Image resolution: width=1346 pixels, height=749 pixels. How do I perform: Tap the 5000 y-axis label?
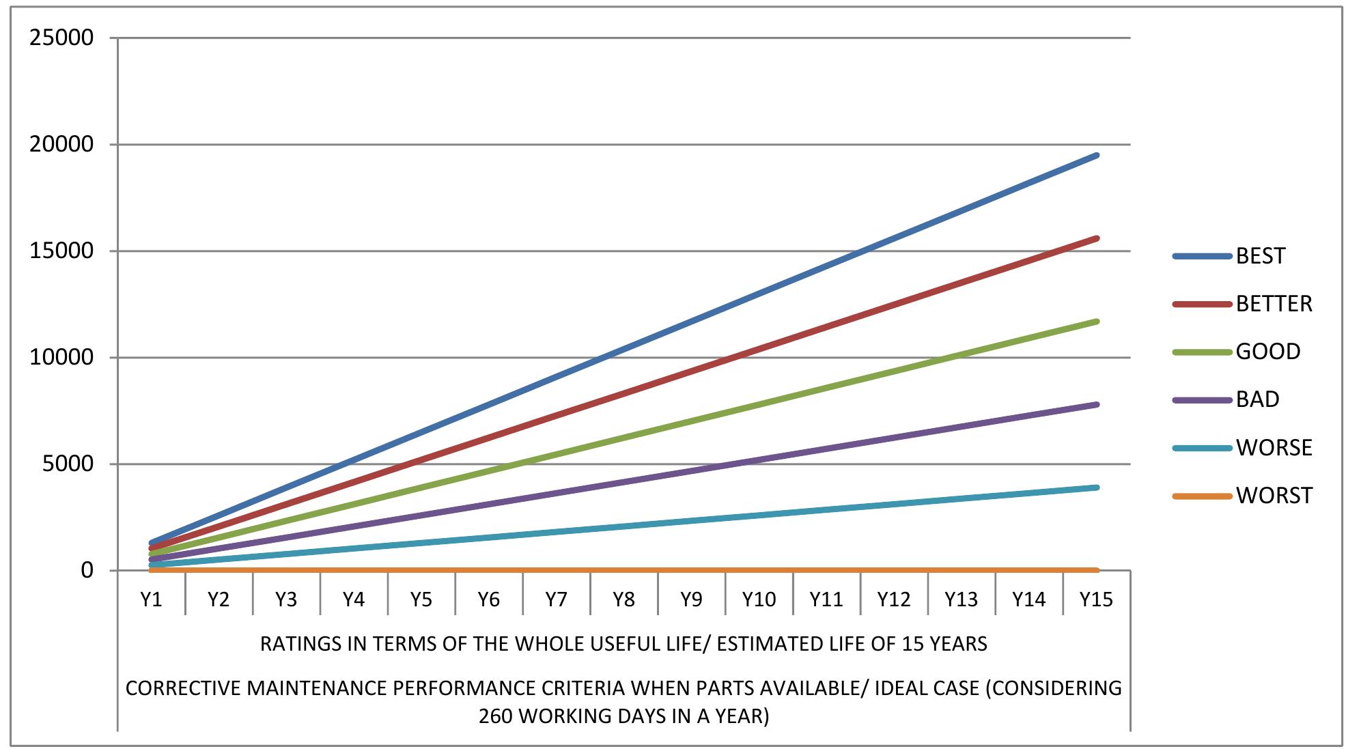pos(68,464)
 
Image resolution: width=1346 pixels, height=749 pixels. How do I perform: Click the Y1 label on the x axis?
pos(151,599)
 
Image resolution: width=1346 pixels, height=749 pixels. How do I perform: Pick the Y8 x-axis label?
pos(623,599)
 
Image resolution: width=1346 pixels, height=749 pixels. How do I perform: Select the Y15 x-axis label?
pos(1096,599)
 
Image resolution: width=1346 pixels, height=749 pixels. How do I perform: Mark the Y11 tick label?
pos(826,599)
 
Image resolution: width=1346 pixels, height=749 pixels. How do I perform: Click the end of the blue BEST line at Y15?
pos(1097,156)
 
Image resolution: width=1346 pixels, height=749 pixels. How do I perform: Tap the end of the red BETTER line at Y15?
pos(1097,238)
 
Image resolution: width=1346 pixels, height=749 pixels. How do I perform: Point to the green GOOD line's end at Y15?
pos(1097,321)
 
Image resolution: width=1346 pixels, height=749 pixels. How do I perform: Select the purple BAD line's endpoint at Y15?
pos(1097,404)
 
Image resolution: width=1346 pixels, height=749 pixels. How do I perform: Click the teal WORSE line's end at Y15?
pos(1097,487)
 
